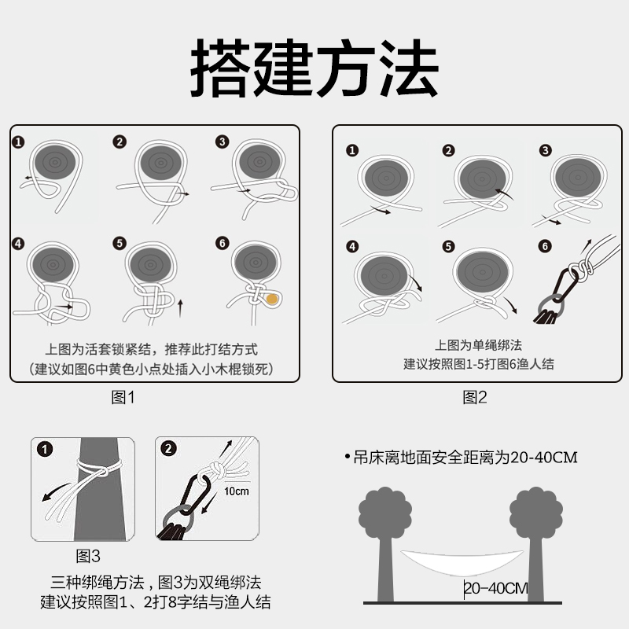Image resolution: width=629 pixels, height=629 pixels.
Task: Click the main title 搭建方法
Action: (314, 68)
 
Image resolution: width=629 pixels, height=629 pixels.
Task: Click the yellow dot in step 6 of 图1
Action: (271, 299)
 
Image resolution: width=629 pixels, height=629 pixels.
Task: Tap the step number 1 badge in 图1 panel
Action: (19, 142)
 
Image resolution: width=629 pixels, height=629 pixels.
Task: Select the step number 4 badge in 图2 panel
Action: (351, 246)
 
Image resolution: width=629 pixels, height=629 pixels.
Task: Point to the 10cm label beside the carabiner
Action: (236, 491)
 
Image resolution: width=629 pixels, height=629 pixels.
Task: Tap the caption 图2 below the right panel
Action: (475, 398)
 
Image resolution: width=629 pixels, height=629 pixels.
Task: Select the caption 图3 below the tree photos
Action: (88, 557)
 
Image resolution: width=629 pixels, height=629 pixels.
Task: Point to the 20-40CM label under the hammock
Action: (495, 588)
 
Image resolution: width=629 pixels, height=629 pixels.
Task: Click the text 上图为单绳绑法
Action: (478, 345)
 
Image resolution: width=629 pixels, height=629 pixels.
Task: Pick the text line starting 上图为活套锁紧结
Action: (149, 349)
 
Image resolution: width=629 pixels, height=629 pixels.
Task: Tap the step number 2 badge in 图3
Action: (169, 449)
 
